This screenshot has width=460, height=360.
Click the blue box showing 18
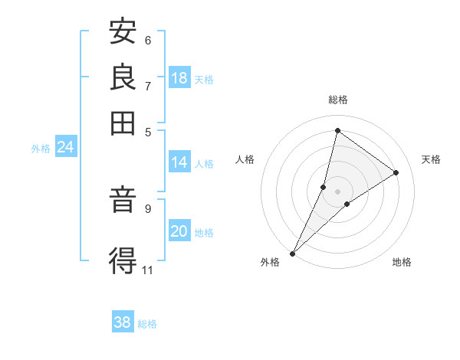coord(179,78)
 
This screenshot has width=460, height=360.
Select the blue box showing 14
coord(179,162)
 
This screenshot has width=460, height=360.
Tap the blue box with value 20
coord(179,232)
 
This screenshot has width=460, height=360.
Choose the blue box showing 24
coord(65,148)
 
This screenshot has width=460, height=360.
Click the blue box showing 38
coord(123,322)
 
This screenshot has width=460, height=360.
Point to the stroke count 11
coord(147,270)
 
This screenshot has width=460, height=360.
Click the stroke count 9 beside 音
coord(147,208)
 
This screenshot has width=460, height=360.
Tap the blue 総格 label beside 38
coord(147,324)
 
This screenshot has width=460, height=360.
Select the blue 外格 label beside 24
coord(41,149)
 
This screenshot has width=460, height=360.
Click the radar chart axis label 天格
coord(431,159)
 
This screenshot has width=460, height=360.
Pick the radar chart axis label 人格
coord(245,159)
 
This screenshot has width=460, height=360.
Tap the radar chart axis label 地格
coord(402,262)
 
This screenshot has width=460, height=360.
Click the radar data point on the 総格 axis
coord(337,131)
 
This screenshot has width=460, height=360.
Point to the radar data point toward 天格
coord(396,172)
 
